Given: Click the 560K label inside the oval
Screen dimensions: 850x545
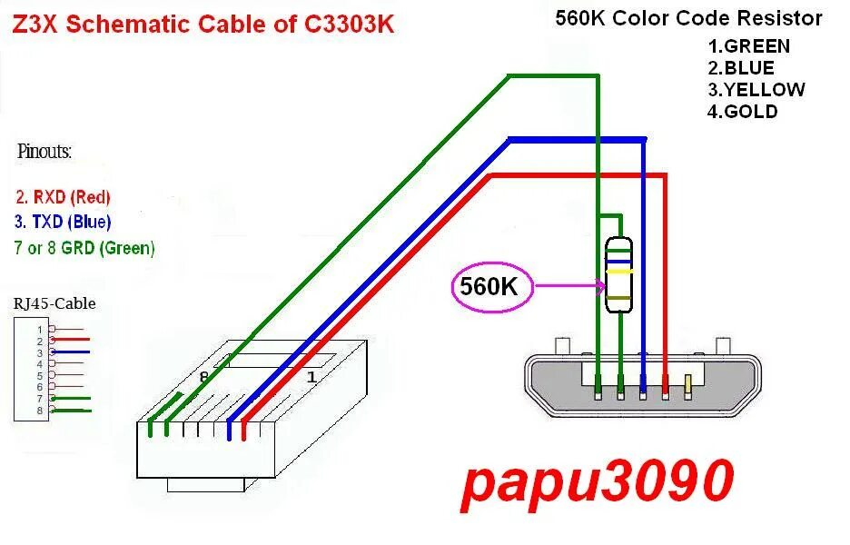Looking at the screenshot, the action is [x=488, y=288].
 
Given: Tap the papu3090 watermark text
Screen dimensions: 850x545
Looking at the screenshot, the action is [x=597, y=481].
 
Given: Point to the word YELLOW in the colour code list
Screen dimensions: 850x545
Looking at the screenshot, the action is [x=764, y=90].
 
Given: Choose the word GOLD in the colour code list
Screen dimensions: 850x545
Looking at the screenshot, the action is [x=749, y=112].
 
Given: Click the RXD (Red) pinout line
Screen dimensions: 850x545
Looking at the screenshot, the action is [x=63, y=196].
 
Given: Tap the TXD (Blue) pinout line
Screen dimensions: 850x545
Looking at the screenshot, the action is [x=64, y=222].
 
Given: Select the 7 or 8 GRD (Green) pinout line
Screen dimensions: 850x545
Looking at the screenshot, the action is [x=85, y=247].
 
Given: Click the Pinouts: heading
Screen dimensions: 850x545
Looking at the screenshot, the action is [x=44, y=152].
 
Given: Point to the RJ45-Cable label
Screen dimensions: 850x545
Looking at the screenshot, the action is [x=54, y=303].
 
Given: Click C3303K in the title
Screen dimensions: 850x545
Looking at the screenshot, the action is [x=350, y=25].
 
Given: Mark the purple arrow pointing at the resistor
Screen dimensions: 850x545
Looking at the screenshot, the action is [x=569, y=288].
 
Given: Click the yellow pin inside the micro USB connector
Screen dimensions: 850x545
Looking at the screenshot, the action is [x=688, y=387].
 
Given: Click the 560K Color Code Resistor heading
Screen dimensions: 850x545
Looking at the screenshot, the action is [x=688, y=18].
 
